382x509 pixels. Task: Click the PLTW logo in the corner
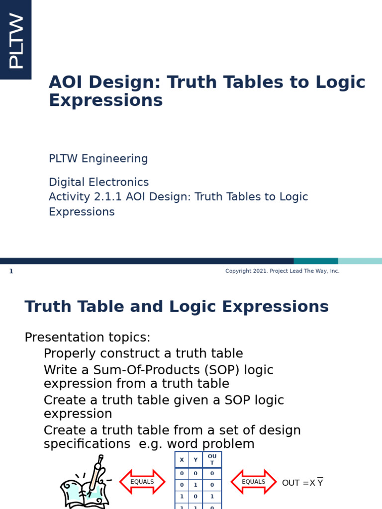tap(15, 40)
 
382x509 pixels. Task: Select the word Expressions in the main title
tap(105, 100)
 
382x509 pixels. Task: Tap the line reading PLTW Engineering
tap(98, 159)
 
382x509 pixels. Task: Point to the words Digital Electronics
tap(98, 182)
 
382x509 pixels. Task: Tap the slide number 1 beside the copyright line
tap(11, 271)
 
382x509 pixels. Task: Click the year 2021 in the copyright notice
tap(261, 271)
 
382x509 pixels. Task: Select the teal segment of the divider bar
tap(315, 261)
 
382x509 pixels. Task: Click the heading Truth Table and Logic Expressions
tap(177, 307)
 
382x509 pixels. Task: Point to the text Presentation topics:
tap(88, 338)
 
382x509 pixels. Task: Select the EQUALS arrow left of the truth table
tap(142, 482)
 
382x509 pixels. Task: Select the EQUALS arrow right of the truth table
tap(254, 482)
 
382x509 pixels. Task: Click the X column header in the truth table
tap(182, 460)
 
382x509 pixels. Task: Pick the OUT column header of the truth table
tap(212, 460)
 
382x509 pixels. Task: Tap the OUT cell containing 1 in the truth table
tap(212, 496)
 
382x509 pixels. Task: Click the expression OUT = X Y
tap(302, 483)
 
